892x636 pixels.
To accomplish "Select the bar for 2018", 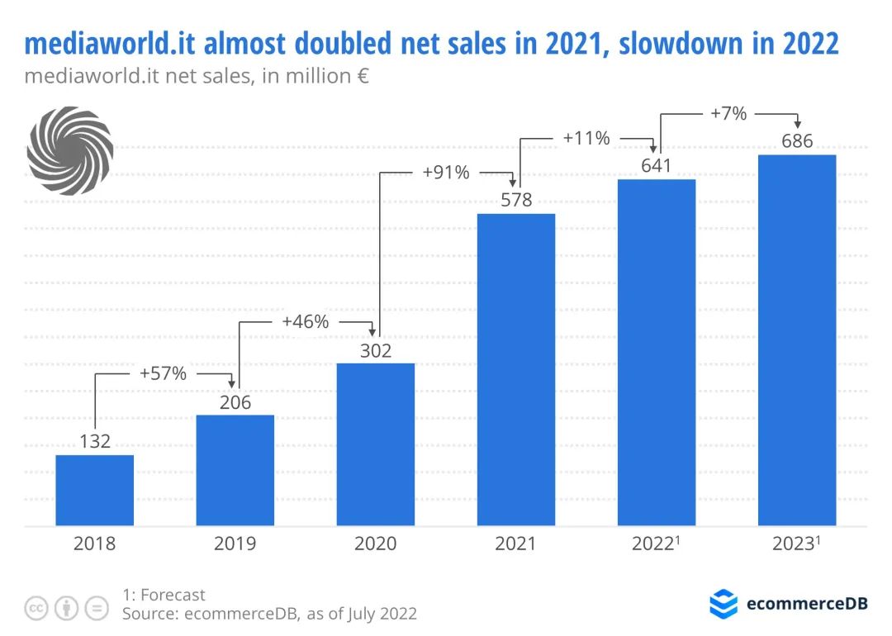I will (95, 490).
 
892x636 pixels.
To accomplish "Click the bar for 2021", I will (516, 369).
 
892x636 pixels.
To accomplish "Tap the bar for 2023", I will (797, 339).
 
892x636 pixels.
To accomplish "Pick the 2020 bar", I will (376, 444).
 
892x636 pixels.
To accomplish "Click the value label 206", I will (235, 403).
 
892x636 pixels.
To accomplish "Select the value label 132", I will (95, 442).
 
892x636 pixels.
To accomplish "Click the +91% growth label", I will (446, 173).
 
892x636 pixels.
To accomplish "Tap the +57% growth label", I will (164, 373).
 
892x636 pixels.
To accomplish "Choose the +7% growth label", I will (728, 113).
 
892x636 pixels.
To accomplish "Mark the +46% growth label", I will (306, 321).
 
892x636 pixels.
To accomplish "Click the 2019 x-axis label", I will (235, 543).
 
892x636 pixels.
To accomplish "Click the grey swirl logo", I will (70, 150).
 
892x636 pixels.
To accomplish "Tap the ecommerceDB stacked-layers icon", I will (724, 604).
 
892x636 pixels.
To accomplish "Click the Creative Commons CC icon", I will (36, 609).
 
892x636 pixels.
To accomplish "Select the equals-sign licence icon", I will (97, 609).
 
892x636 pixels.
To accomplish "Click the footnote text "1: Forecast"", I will (164, 595).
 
